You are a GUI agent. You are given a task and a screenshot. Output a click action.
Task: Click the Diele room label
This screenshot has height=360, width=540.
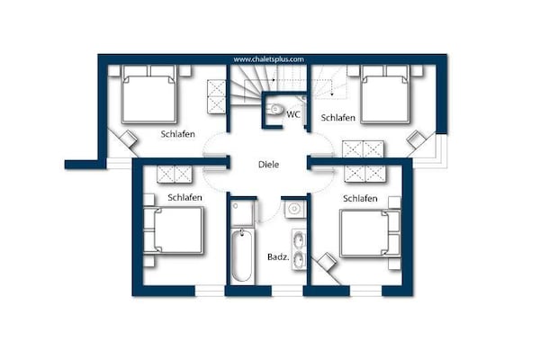tap(268, 165)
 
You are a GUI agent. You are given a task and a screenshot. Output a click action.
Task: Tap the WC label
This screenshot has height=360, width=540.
tap(293, 114)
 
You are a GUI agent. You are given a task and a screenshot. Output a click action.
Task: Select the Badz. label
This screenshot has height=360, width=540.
tap(278, 256)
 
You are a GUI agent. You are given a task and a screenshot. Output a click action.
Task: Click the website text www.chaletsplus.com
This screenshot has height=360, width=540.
tap(268, 59)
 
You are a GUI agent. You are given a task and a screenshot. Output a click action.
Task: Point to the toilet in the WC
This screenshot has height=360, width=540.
tap(274, 109)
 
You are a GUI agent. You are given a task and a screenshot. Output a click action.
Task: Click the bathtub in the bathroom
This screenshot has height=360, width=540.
tap(241, 256)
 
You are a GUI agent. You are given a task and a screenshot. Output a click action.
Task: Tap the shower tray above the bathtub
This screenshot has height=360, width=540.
tap(242, 212)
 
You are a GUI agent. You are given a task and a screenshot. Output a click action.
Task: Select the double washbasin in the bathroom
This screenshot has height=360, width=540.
tap(299, 249)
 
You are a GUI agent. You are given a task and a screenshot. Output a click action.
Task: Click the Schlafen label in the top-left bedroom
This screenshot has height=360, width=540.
tap(177, 134)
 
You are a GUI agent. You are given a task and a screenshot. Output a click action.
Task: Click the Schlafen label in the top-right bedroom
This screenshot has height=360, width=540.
tap(337, 118)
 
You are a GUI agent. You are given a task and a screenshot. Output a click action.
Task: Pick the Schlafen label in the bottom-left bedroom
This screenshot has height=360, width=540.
tap(184, 197)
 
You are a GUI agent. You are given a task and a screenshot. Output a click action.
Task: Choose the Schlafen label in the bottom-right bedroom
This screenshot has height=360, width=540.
tap(360, 198)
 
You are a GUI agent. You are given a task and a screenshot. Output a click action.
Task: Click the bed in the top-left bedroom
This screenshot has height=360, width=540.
tap(149, 94)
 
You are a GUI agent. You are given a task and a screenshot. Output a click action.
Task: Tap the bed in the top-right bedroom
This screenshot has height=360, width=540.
tap(385, 94)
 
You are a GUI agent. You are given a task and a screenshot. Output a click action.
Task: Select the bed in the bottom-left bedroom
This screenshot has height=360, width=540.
tap(173, 230)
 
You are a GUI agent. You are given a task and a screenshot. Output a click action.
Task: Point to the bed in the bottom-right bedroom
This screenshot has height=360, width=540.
tap(370, 233)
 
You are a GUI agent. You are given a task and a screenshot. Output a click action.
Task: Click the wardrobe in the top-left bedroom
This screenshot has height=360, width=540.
tap(216, 97)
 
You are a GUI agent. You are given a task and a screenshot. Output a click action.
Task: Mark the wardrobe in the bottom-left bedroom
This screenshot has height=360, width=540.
tap(175, 174)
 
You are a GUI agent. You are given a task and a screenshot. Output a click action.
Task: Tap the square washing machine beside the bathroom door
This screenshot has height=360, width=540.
tap(294, 209)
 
